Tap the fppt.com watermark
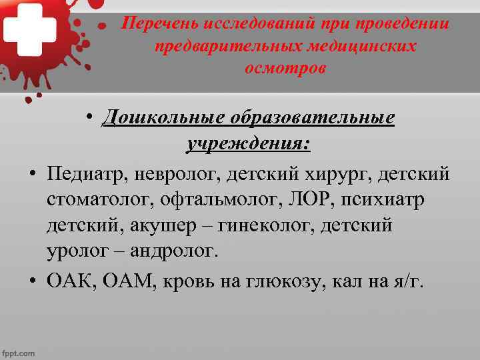18,353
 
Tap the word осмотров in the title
285,69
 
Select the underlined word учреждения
247,143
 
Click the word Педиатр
87,174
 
